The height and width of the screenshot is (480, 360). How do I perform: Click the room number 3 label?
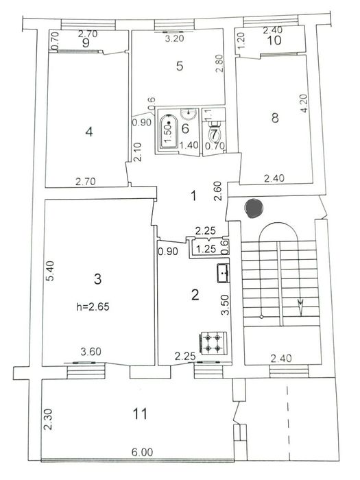[97, 278]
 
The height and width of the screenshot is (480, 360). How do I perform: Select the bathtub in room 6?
[169, 131]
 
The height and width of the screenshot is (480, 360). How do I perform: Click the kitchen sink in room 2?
[223, 274]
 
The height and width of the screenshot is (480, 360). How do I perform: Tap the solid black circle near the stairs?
[252, 206]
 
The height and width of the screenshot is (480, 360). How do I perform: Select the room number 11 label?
[140, 413]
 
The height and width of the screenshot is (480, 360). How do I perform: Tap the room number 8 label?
[275, 118]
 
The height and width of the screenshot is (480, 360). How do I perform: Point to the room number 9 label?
[86, 43]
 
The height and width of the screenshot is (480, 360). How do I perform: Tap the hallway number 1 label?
[193, 196]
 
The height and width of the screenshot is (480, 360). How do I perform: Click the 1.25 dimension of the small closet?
[204, 250]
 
